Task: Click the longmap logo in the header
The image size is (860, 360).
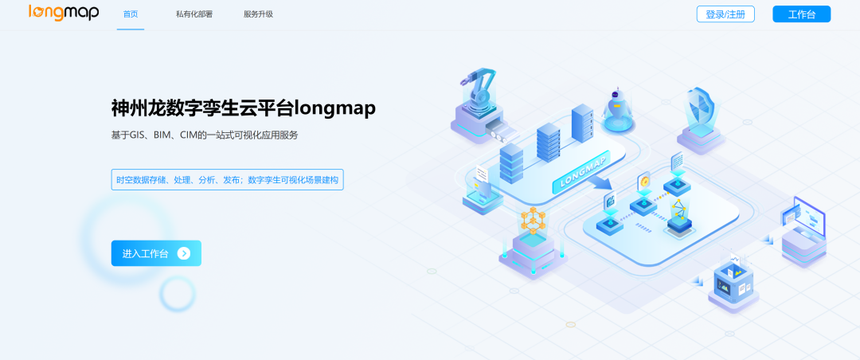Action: pyautogui.click(x=64, y=13)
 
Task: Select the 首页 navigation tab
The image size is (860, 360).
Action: pyautogui.click(x=131, y=14)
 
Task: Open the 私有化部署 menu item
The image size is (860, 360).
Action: pyautogui.click(x=194, y=14)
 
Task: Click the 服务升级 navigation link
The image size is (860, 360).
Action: pyautogui.click(x=258, y=14)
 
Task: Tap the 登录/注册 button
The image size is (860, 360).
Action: pyautogui.click(x=725, y=14)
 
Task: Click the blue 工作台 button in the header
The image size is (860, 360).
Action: pyautogui.click(x=801, y=14)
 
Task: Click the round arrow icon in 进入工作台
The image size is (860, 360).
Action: pyautogui.click(x=184, y=253)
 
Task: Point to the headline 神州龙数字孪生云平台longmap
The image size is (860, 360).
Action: pyautogui.click(x=243, y=108)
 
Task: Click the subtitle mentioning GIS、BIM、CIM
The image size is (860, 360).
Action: pyautogui.click(x=205, y=135)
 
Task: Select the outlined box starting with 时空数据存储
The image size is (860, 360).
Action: pyautogui.click(x=227, y=180)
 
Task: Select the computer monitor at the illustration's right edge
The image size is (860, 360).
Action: pyautogui.click(x=803, y=215)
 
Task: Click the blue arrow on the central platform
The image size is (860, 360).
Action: pyautogui.click(x=603, y=184)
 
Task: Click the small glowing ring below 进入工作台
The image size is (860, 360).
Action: pyautogui.click(x=177, y=295)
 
